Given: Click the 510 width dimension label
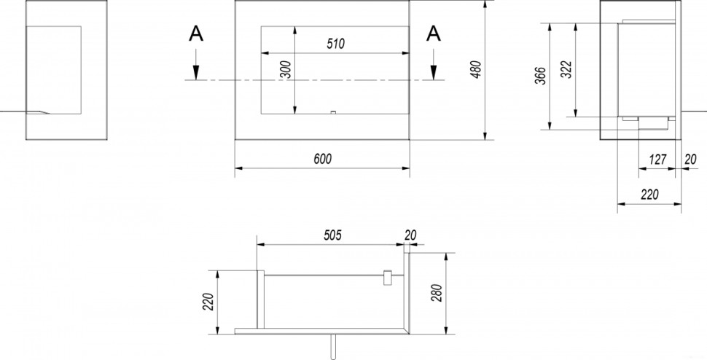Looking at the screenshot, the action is click(x=335, y=44).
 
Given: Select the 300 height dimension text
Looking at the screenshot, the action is click(x=286, y=69).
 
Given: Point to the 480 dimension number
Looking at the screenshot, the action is click(x=476, y=69).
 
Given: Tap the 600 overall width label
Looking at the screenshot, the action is click(x=322, y=159).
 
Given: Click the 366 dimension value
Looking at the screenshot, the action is click(x=542, y=76).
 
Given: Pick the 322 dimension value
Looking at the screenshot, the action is click(x=567, y=69).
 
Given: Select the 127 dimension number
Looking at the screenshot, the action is click(x=658, y=160).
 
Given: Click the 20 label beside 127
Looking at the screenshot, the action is click(x=690, y=159).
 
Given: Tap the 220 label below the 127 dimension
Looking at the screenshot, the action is click(x=649, y=195).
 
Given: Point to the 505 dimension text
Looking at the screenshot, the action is click(x=333, y=235).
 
